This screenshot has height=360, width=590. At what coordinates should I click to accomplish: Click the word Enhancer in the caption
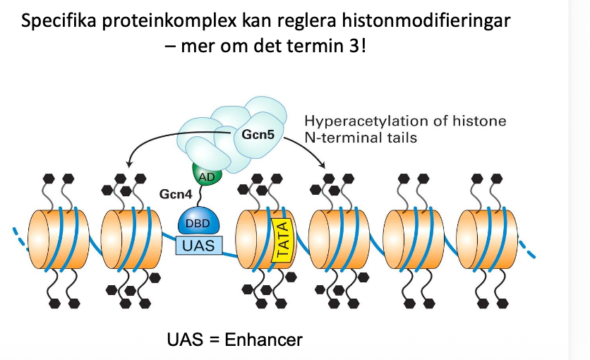264,340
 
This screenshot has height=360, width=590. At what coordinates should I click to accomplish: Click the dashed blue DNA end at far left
20,233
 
